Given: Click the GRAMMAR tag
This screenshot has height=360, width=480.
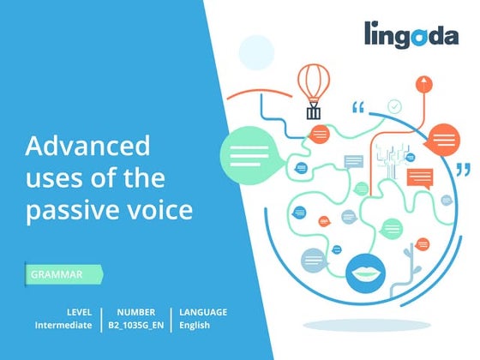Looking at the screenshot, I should pyautogui.click(x=57, y=275).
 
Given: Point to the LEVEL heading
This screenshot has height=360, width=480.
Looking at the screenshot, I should pyautogui.click(x=80, y=312).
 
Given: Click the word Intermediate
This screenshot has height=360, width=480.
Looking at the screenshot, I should pyautogui.click(x=63, y=326).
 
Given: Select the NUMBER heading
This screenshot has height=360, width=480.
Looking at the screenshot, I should pyautogui.click(x=135, y=312).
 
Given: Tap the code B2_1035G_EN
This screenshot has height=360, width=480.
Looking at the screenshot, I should pyautogui.click(x=135, y=326).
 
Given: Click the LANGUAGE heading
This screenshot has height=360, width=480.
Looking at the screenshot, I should pyautogui.click(x=203, y=312).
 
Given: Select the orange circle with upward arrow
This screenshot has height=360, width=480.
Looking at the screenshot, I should pyautogui.click(x=421, y=83).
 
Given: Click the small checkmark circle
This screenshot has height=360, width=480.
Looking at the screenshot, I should pyautogui.click(x=394, y=106).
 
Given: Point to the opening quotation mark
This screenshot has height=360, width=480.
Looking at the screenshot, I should pyautogui.click(x=358, y=109).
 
